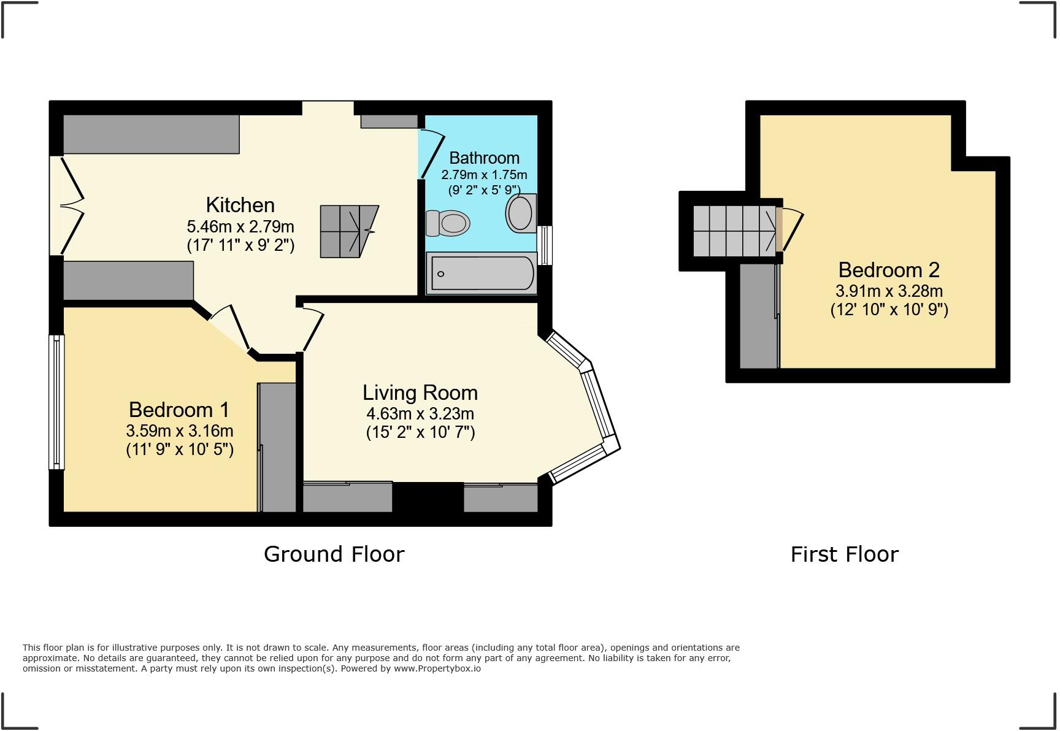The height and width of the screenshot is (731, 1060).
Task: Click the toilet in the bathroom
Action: [x=449, y=223]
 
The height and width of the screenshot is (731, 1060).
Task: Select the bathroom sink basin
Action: [x=520, y=213]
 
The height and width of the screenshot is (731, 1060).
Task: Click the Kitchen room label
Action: [x=240, y=205]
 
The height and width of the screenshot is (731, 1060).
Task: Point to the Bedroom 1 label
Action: [x=179, y=409]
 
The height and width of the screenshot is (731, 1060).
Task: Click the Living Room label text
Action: [x=420, y=392]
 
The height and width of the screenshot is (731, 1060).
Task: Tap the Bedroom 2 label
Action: [x=889, y=270]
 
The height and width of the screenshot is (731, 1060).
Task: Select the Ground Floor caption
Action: [x=334, y=554]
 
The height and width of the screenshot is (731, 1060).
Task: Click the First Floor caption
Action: [x=844, y=554]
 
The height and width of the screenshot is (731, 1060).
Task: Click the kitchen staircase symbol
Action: [x=347, y=231]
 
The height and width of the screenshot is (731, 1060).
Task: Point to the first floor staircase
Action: [x=734, y=231]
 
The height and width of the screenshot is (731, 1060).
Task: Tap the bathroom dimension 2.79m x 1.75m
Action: [x=484, y=175]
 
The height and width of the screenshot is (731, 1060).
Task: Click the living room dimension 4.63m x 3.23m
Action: [x=420, y=413]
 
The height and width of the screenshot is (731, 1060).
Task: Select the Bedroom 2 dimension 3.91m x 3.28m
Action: [x=889, y=291]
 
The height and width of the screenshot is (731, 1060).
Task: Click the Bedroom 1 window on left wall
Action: [x=56, y=402]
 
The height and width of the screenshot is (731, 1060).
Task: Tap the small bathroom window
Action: [x=545, y=245]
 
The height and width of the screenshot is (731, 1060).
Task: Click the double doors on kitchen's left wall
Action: [x=67, y=205]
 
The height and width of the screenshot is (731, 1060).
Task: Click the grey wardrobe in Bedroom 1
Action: [x=277, y=448]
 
